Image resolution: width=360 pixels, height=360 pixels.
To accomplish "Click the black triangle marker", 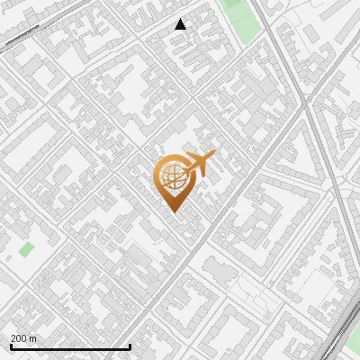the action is (x=180, y=25).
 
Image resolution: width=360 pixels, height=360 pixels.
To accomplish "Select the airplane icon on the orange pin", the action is (x=199, y=165).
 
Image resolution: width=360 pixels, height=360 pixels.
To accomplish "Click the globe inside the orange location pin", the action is (x=171, y=177).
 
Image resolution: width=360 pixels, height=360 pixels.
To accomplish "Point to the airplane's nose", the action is (x=213, y=155).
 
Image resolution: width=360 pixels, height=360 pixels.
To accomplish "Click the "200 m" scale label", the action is (x=23, y=338).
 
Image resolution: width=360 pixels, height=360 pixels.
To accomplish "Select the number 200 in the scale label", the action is (x=19, y=338).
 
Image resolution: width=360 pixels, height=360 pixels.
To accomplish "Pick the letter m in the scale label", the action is (x=33, y=338).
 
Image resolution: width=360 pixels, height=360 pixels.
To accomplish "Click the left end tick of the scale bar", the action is (x=11, y=346).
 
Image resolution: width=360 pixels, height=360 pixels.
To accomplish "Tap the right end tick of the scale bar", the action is (x=130, y=346).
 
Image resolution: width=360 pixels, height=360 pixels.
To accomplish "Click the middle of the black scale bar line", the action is (x=70, y=346).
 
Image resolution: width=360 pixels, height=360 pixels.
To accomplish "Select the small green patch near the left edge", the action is (x=27, y=248).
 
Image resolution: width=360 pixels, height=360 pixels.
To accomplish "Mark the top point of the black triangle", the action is (x=180, y=20).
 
